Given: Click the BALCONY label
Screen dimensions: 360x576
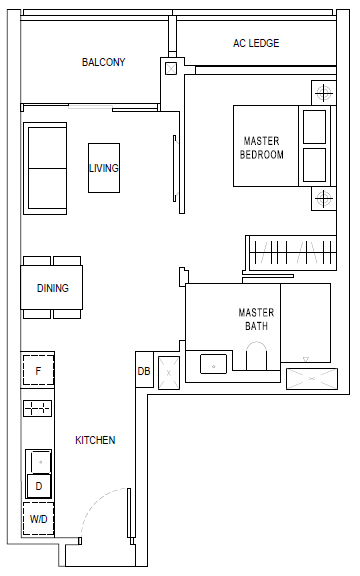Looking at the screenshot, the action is [x=103, y=62].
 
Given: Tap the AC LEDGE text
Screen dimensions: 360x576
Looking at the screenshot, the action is [x=256, y=43].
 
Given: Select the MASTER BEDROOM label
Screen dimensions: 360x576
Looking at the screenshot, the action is [x=262, y=148].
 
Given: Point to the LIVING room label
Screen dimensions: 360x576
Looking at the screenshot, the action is [x=104, y=168].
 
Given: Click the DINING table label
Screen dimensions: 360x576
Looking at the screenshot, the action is [x=53, y=288].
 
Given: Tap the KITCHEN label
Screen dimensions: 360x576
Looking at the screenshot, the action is [x=95, y=440].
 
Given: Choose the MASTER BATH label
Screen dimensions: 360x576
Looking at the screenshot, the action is [x=256, y=319].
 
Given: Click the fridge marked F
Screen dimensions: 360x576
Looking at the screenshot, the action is [x=38, y=370].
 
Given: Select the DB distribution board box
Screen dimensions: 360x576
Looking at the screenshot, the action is [x=144, y=369].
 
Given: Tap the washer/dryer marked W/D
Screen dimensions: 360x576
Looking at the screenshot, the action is [x=38, y=519].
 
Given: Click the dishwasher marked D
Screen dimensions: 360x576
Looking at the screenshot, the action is [x=39, y=486].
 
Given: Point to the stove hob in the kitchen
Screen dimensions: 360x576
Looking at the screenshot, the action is [x=37, y=408].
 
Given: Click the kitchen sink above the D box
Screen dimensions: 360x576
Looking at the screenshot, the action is [x=39, y=461].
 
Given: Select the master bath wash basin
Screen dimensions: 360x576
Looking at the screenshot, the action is [x=213, y=364].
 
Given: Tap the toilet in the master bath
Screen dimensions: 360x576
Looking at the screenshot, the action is [x=256, y=356].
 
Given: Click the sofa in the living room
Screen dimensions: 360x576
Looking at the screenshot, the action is [x=45, y=168].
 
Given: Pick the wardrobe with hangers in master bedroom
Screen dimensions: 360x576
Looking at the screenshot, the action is [x=291, y=253].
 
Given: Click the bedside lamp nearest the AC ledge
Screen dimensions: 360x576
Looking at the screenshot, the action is [x=324, y=93].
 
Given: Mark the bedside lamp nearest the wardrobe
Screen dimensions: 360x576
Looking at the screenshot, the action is [x=324, y=198].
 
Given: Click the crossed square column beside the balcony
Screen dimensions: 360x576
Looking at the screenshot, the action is [x=171, y=68].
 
